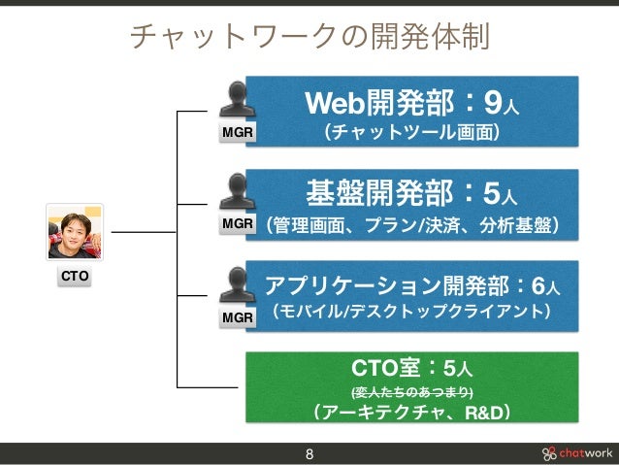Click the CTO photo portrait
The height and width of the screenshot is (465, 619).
pos(75,233)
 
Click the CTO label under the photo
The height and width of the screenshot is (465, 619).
pos(75,277)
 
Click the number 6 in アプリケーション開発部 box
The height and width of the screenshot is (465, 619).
pos(537,286)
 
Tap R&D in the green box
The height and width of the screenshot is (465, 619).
pos(484,415)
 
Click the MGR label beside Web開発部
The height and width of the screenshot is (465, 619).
pos(238,132)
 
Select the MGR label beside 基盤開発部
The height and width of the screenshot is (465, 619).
pos(238,224)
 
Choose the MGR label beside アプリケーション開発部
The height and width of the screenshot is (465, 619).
pos(238,316)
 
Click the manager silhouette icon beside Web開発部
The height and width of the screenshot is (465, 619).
pos(238,100)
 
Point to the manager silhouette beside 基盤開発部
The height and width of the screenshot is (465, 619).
pos(238,192)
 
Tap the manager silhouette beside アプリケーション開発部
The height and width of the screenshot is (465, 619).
pos(238,284)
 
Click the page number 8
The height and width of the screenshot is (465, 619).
pos(309,453)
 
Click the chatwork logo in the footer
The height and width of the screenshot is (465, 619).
pos(576,453)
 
